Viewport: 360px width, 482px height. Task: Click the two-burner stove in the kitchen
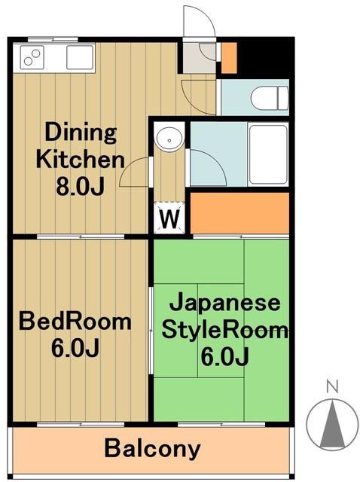tap(32, 57)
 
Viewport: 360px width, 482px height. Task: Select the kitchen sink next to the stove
tap(80, 57)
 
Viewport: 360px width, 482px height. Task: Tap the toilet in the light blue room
tap(270, 97)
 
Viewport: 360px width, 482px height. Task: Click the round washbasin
tap(169, 140)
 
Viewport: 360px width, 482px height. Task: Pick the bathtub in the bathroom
tap(268, 154)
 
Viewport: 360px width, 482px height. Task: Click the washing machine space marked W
tap(169, 218)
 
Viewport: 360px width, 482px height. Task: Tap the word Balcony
tap(152, 449)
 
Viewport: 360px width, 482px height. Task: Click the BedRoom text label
tap(75, 322)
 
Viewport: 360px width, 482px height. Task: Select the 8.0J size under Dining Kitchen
tap(80, 187)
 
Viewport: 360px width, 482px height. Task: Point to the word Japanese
tap(224, 302)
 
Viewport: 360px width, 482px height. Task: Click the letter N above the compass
tap(332, 386)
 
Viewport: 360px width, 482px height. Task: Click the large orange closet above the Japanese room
tap(239, 212)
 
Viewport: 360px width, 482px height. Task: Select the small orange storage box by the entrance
tap(229, 58)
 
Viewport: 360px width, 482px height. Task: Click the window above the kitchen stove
tap(53, 39)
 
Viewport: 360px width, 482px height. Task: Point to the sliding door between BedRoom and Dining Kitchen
tap(81, 236)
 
